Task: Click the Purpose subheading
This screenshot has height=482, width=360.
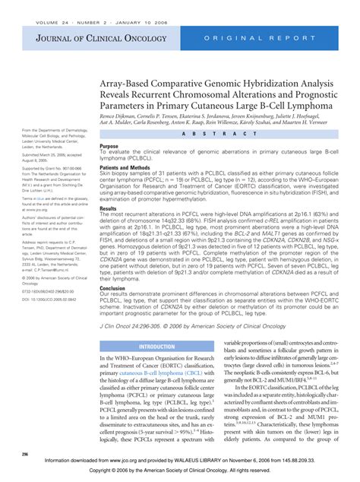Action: pos(109,146)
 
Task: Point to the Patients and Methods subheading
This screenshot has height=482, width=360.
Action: pos(128,167)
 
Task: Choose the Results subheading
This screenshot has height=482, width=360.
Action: pos(109,208)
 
